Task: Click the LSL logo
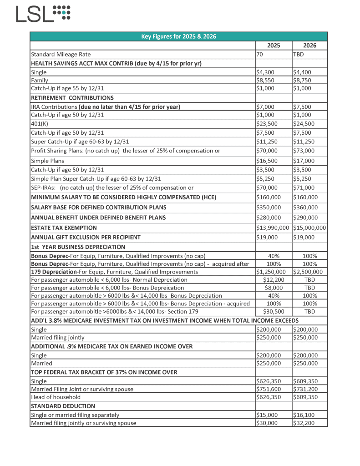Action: click(43, 14)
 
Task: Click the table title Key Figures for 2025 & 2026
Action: click(178, 37)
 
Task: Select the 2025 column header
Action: click(274, 46)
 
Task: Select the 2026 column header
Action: click(309, 46)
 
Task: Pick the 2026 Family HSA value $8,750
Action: click(303, 81)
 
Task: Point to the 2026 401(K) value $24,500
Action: click(304, 124)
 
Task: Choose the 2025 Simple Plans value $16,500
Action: click(268, 161)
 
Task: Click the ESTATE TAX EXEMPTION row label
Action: click(64, 228)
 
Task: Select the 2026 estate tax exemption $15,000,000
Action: click(309, 228)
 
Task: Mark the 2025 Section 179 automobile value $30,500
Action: click(274, 312)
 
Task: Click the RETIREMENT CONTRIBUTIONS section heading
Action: click(72, 98)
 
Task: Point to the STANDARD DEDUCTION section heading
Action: click(63, 406)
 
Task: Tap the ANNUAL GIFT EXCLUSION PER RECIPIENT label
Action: click(86, 238)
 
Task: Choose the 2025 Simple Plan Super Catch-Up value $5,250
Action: click(266, 179)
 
